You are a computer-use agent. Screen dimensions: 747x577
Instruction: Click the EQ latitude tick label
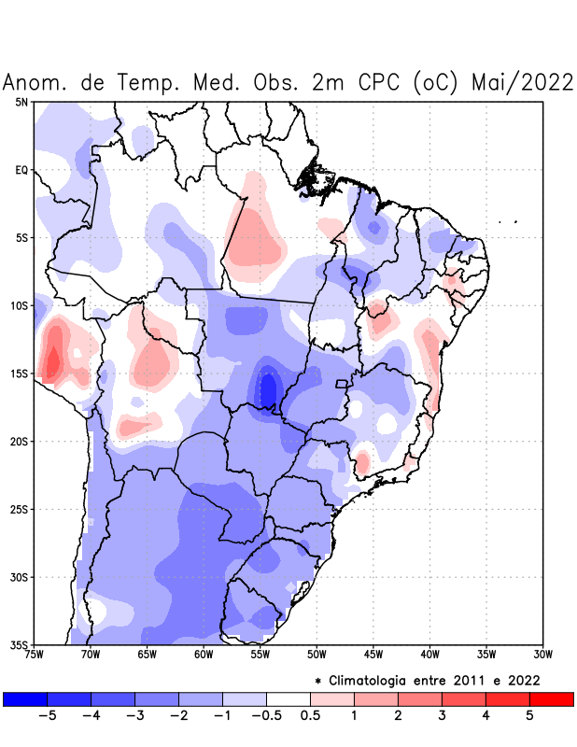point(21,170)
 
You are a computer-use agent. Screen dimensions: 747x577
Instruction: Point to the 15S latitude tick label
point(20,373)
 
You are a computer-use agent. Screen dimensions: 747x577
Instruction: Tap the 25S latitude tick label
point(20,510)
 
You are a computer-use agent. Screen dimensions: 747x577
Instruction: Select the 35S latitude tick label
point(20,644)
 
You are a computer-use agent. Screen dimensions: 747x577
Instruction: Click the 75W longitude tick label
point(35,654)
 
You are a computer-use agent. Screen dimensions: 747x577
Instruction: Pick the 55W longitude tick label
point(260,654)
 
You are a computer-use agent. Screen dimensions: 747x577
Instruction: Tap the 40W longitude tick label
point(430,654)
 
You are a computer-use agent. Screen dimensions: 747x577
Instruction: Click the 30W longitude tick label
point(543,654)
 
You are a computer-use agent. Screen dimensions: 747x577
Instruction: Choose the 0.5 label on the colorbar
point(310,715)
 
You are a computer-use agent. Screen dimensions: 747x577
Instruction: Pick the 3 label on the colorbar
point(442,715)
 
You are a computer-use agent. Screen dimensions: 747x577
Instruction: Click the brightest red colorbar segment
point(551,698)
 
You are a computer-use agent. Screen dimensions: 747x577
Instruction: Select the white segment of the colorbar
point(288,698)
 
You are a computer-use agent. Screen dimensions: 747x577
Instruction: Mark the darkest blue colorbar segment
point(24,698)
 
